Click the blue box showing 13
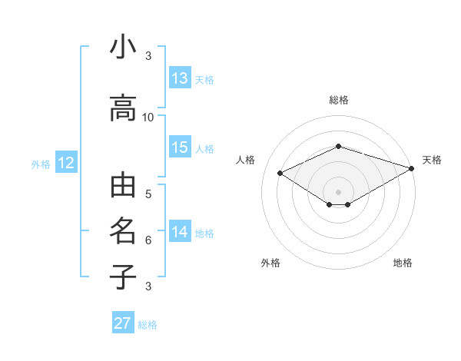pyautogui.click(x=180, y=78)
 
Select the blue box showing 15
pyautogui.click(x=180, y=147)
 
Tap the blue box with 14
pyautogui.click(x=180, y=231)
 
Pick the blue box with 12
pyautogui.click(x=65, y=163)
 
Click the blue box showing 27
pyautogui.click(x=123, y=323)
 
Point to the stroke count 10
pyautogui.click(x=148, y=117)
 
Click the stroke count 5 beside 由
pyautogui.click(x=148, y=194)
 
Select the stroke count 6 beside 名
pyautogui.click(x=148, y=240)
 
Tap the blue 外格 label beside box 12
pyautogui.click(x=41, y=164)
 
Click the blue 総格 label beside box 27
pyautogui.click(x=148, y=325)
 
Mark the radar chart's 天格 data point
pyautogui.click(x=412, y=169)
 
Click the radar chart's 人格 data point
pyautogui.click(x=280, y=173)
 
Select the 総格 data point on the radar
pyautogui.click(x=338, y=146)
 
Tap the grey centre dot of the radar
pyautogui.click(x=338, y=190)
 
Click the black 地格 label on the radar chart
pyautogui.click(x=403, y=263)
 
